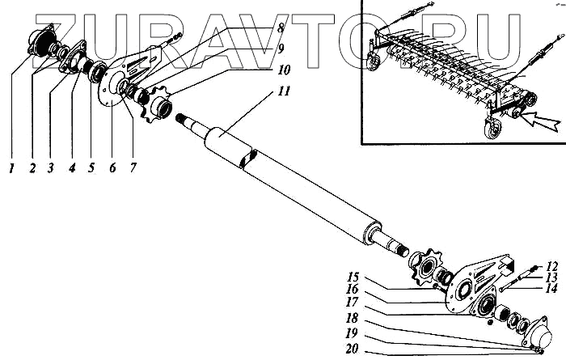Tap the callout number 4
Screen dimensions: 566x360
[x=72, y=168]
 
